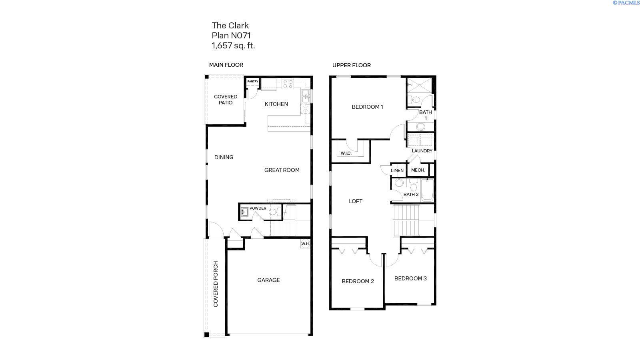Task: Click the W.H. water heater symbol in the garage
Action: point(306,244)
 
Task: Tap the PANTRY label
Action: point(252,82)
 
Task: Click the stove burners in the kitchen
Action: point(288,84)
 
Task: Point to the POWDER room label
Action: point(258,208)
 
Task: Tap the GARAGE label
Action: point(268,280)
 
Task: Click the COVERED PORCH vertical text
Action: point(216,284)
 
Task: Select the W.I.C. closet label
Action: point(346,153)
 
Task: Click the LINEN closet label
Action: point(397,170)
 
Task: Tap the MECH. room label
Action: point(418,170)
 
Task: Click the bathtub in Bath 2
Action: point(427,190)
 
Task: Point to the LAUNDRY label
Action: point(422,151)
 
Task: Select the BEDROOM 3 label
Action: point(410,278)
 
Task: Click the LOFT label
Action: point(356,201)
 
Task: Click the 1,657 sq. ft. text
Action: point(233,46)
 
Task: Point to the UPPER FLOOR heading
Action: point(351,65)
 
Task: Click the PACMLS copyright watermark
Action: point(626,3)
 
